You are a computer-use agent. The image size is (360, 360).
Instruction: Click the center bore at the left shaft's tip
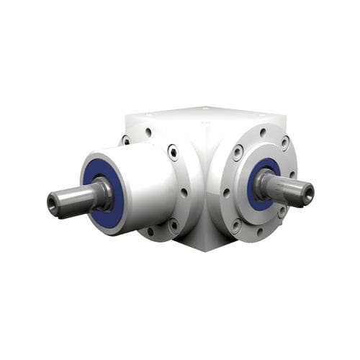click(53, 204)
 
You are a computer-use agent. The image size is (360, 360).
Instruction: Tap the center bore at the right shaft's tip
click(308, 192)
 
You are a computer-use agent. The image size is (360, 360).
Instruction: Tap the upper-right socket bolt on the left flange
click(173, 151)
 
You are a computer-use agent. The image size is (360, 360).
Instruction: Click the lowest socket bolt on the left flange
click(172, 225)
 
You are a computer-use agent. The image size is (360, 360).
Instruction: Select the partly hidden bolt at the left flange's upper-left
click(125, 140)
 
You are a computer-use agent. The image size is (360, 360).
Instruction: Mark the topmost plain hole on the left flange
click(148, 132)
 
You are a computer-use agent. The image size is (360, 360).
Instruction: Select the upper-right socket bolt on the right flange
click(285, 143)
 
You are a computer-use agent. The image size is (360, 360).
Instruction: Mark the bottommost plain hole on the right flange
click(260, 232)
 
